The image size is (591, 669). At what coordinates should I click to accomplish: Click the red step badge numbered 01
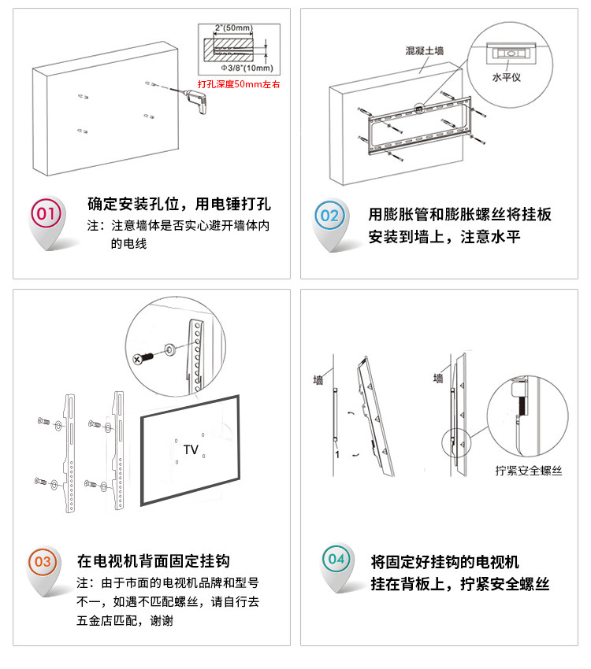46,214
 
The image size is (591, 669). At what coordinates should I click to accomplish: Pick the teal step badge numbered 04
336,560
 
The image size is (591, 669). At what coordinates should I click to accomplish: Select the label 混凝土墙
424,50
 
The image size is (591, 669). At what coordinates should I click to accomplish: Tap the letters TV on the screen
191,449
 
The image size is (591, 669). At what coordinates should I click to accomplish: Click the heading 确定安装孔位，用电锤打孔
179,205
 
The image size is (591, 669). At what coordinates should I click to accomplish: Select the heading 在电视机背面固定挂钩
153,561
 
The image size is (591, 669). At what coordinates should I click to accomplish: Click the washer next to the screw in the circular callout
169,348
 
